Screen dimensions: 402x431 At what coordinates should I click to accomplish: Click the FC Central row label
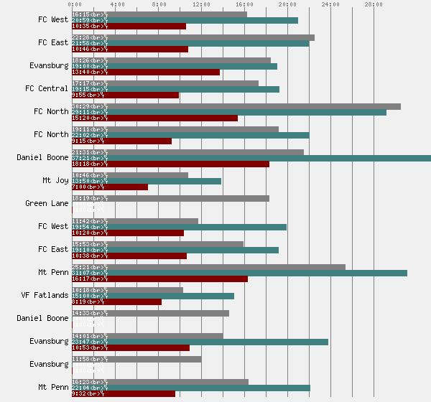pyautogui.click(x=47, y=89)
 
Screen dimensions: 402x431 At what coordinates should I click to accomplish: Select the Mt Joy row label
pyautogui.click(x=55, y=181)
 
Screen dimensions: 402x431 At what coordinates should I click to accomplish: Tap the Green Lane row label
pyautogui.click(x=47, y=204)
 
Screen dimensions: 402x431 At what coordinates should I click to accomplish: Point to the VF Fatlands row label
pyautogui.click(x=45, y=296)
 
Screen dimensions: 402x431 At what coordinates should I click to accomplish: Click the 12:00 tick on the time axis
pyautogui.click(x=201, y=5)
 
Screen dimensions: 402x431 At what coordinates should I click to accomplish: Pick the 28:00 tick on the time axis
pyautogui.click(x=374, y=5)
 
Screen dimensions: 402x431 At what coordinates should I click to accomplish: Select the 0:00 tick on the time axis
pyautogui.click(x=72, y=5)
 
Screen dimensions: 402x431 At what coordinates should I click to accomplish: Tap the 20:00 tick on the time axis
pyautogui.click(x=287, y=5)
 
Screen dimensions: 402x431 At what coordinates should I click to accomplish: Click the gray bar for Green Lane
pyautogui.click(x=170, y=198)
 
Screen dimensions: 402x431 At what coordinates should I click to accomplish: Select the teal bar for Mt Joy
pyautogui.click(x=147, y=181)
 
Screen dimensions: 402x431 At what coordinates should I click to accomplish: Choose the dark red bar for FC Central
pyautogui.click(x=125, y=95)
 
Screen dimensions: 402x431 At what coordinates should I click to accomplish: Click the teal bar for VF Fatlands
pyautogui.click(x=153, y=296)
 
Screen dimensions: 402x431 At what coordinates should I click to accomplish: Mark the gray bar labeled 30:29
pyautogui.click(x=236, y=106)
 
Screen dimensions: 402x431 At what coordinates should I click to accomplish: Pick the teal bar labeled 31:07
pyautogui.click(x=239, y=273)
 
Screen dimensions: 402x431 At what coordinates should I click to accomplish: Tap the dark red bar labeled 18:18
pyautogui.click(x=170, y=164)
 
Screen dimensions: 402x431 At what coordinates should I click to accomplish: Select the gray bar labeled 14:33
pyautogui.click(x=150, y=313)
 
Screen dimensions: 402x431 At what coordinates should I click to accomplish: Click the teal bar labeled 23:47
pyautogui.click(x=200, y=342)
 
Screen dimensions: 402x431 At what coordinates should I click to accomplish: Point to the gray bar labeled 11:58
pyautogui.click(x=136, y=359)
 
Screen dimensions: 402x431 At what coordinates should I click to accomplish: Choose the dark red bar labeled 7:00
pyautogui.click(x=110, y=187)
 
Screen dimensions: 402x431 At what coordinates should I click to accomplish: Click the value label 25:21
pyautogui.click(x=81, y=267)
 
